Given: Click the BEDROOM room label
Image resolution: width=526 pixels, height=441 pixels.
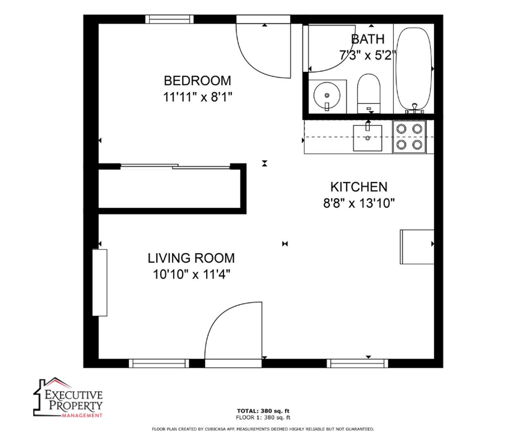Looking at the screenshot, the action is pyautogui.click(x=197, y=81).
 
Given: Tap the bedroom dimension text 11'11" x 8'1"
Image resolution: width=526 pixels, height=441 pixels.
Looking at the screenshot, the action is pyautogui.click(x=198, y=97).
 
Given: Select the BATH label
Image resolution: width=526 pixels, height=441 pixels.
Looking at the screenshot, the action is pyautogui.click(x=368, y=39).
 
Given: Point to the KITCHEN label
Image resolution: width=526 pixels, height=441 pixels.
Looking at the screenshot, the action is pyautogui.click(x=359, y=187).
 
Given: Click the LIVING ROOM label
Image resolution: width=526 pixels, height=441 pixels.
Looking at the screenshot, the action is pyautogui.click(x=191, y=258).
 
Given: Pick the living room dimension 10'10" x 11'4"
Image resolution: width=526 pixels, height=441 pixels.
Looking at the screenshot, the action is pyautogui.click(x=192, y=274).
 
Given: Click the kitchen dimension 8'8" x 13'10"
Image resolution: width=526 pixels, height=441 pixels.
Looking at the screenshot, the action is pyautogui.click(x=359, y=203).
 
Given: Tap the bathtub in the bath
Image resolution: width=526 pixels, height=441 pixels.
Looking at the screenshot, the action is pyautogui.click(x=414, y=70).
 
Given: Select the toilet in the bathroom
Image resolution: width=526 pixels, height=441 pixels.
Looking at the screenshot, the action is pyautogui.click(x=368, y=94).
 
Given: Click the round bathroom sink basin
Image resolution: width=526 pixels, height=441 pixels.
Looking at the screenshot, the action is pyautogui.click(x=327, y=96).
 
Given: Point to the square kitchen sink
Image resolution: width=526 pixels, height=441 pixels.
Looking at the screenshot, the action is pyautogui.click(x=367, y=138).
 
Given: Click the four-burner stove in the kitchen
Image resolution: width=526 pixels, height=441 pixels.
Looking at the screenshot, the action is pyautogui.click(x=409, y=137).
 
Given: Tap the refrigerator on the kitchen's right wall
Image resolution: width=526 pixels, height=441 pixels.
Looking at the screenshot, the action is pyautogui.click(x=417, y=247).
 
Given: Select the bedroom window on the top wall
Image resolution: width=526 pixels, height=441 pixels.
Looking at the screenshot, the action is pyautogui.click(x=169, y=19).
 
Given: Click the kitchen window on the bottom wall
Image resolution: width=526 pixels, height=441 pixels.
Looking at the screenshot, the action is pyautogui.click(x=357, y=363).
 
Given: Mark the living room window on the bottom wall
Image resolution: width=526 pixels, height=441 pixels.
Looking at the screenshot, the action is pyautogui.click(x=159, y=363).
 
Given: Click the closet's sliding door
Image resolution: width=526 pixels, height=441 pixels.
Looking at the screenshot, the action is pyautogui.click(x=175, y=166).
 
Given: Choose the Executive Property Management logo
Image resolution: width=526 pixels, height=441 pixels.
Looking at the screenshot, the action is pyautogui.click(x=68, y=397).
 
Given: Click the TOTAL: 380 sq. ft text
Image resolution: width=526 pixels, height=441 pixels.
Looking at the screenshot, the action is pyautogui.click(x=263, y=411).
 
